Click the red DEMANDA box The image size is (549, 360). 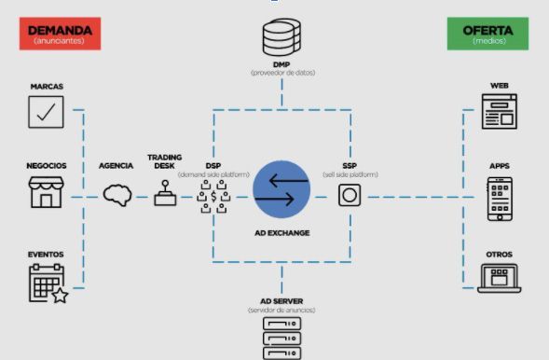point(60,34)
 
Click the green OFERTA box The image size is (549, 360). point(487,34)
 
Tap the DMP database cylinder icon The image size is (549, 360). point(281,37)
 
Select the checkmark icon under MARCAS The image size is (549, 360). point(46,112)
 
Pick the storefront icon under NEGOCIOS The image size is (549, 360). point(47,192)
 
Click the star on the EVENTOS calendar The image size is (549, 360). point(60,296)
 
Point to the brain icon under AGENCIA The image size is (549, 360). point(117,196)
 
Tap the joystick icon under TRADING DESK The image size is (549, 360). point(165,193)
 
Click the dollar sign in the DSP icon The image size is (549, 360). point(213,197)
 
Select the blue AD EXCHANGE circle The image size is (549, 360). point(281,189)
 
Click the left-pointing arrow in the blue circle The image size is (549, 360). point(289,181)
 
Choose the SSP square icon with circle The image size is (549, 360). point(350,195)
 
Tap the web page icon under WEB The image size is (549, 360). point(499,111)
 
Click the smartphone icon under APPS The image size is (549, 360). point(500,199)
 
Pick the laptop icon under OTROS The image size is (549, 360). point(500,279)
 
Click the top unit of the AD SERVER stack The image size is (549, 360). point(281,324)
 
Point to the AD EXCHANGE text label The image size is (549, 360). point(282,233)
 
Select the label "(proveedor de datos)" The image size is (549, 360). point(283,73)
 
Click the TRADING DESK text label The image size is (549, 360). point(165,161)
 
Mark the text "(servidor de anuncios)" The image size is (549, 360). point(281,311)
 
